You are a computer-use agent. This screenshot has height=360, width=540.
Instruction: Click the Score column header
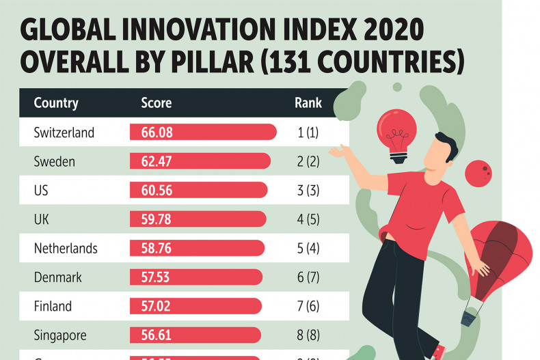pyautogui.click(x=156, y=104)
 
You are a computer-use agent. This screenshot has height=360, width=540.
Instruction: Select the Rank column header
pyautogui.click(x=308, y=104)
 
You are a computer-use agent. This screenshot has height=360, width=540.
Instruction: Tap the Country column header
pyautogui.click(x=56, y=104)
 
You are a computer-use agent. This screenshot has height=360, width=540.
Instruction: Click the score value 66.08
pyautogui.click(x=157, y=133)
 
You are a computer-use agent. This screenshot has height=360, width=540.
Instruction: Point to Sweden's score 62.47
pyautogui.click(x=157, y=162)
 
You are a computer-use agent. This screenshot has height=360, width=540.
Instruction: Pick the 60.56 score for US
pyautogui.click(x=157, y=191)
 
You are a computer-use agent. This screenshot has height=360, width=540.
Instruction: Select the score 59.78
pyautogui.click(x=157, y=219)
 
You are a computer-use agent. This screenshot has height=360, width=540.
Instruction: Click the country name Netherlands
pyautogui.click(x=66, y=248)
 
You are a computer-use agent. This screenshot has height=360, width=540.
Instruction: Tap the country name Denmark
pyautogui.click(x=58, y=277)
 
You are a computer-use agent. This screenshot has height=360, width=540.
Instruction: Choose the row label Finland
pyautogui.click(x=53, y=306)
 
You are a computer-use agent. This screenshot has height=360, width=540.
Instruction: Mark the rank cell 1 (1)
pyautogui.click(x=308, y=133)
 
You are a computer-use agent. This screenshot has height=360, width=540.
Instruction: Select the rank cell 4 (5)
pyautogui.click(x=308, y=219)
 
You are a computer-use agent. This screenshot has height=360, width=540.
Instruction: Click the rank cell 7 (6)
pyautogui.click(x=308, y=306)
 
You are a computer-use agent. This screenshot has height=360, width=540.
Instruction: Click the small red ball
pyautogui.click(x=478, y=174)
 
